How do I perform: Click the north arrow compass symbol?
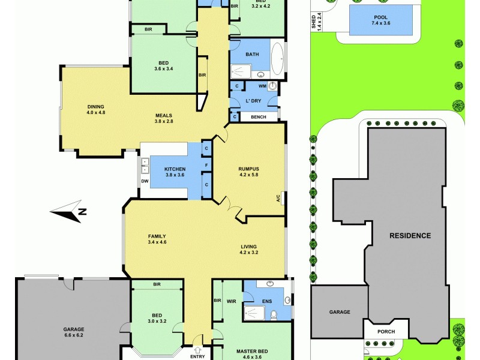[x=68, y=211]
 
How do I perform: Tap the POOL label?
[x=380, y=17]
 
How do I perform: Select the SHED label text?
[x=314, y=22]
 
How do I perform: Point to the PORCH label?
[x=386, y=331]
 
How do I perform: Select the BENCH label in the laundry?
[x=259, y=117]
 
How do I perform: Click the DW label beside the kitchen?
[x=145, y=181]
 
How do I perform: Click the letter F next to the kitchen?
[x=206, y=164]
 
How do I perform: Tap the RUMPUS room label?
[x=248, y=169]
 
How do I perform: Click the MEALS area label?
[x=164, y=115]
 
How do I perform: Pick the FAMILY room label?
[x=157, y=236]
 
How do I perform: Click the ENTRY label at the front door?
[x=197, y=356]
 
